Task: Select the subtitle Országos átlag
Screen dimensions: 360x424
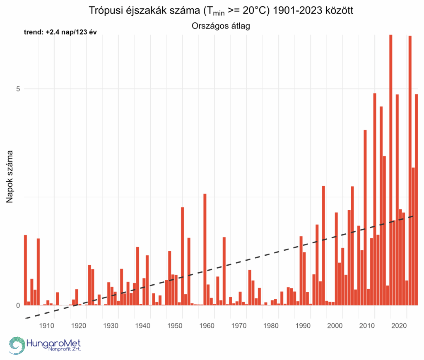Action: pyautogui.click(x=222, y=26)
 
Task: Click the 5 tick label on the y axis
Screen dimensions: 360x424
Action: pyautogui.click(x=18, y=89)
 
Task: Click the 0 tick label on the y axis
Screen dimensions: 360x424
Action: pyautogui.click(x=18, y=305)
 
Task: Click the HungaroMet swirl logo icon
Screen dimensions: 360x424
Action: pyautogui.click(x=17, y=346)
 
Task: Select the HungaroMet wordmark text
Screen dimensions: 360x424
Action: pyautogui.click(x=53, y=343)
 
